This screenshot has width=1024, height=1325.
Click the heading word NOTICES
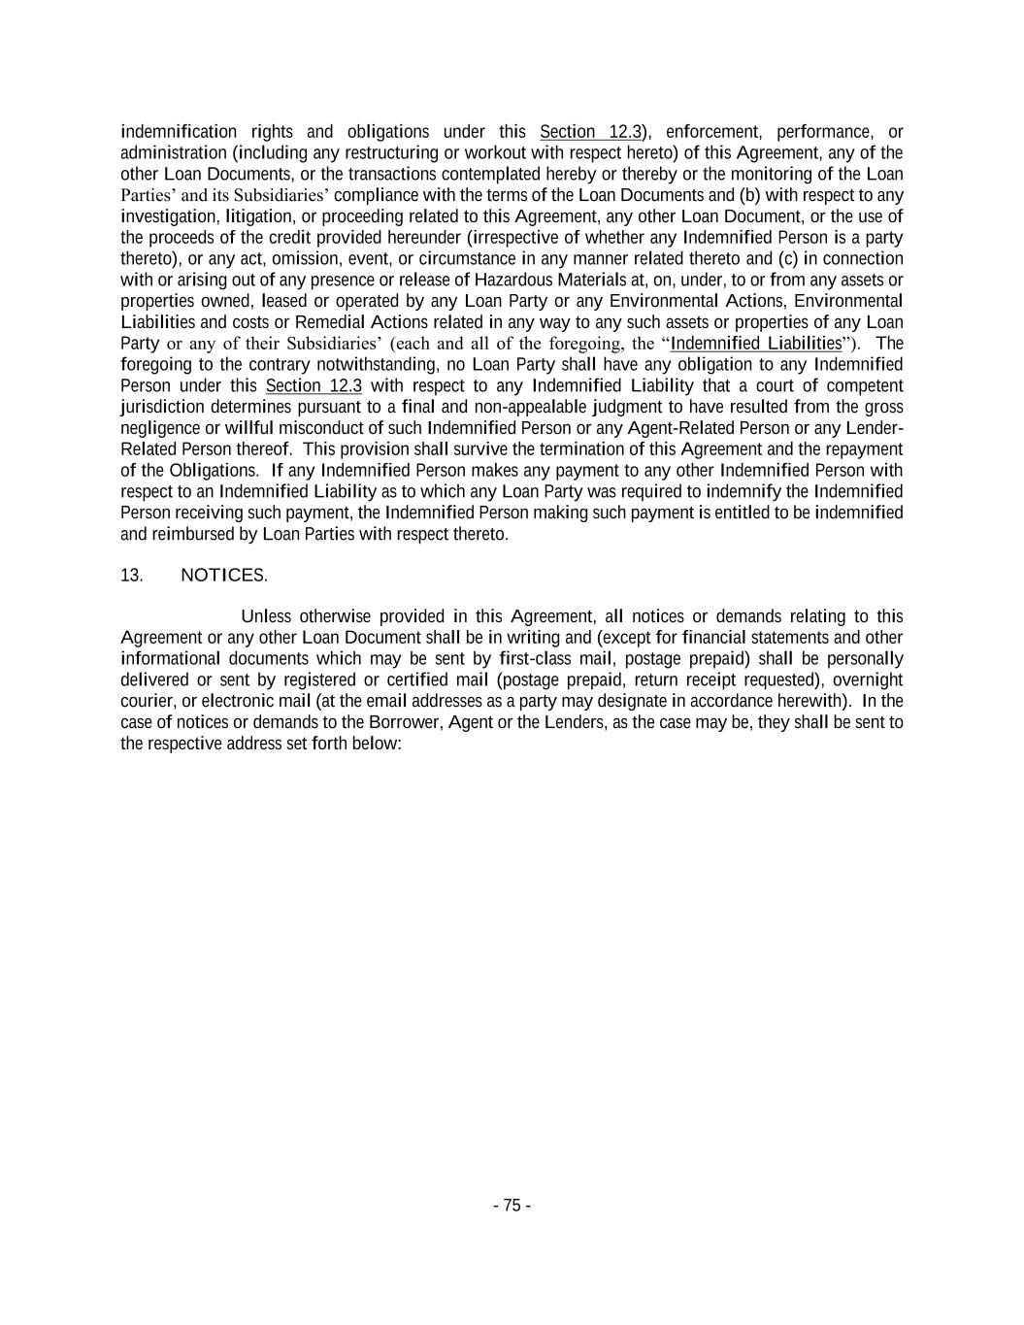[223, 575]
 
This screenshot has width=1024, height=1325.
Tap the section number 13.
[132, 575]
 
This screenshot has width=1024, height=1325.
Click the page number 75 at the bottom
[512, 1206]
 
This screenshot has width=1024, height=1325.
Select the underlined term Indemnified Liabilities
[756, 344]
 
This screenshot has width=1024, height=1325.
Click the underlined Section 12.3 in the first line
[591, 132]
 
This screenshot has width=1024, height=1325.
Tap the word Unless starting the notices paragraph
[266, 616]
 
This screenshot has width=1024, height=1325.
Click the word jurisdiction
[162, 407]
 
